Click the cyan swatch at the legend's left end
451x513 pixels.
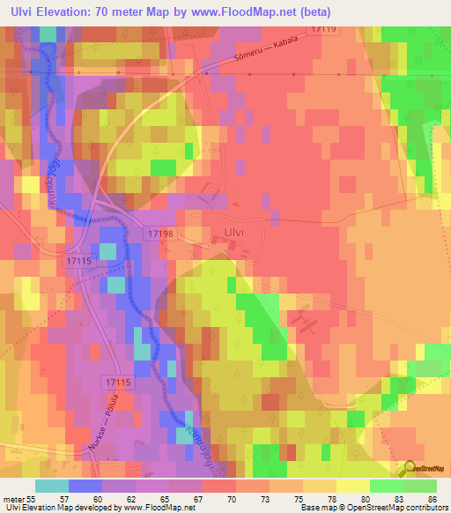tap(51, 486)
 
